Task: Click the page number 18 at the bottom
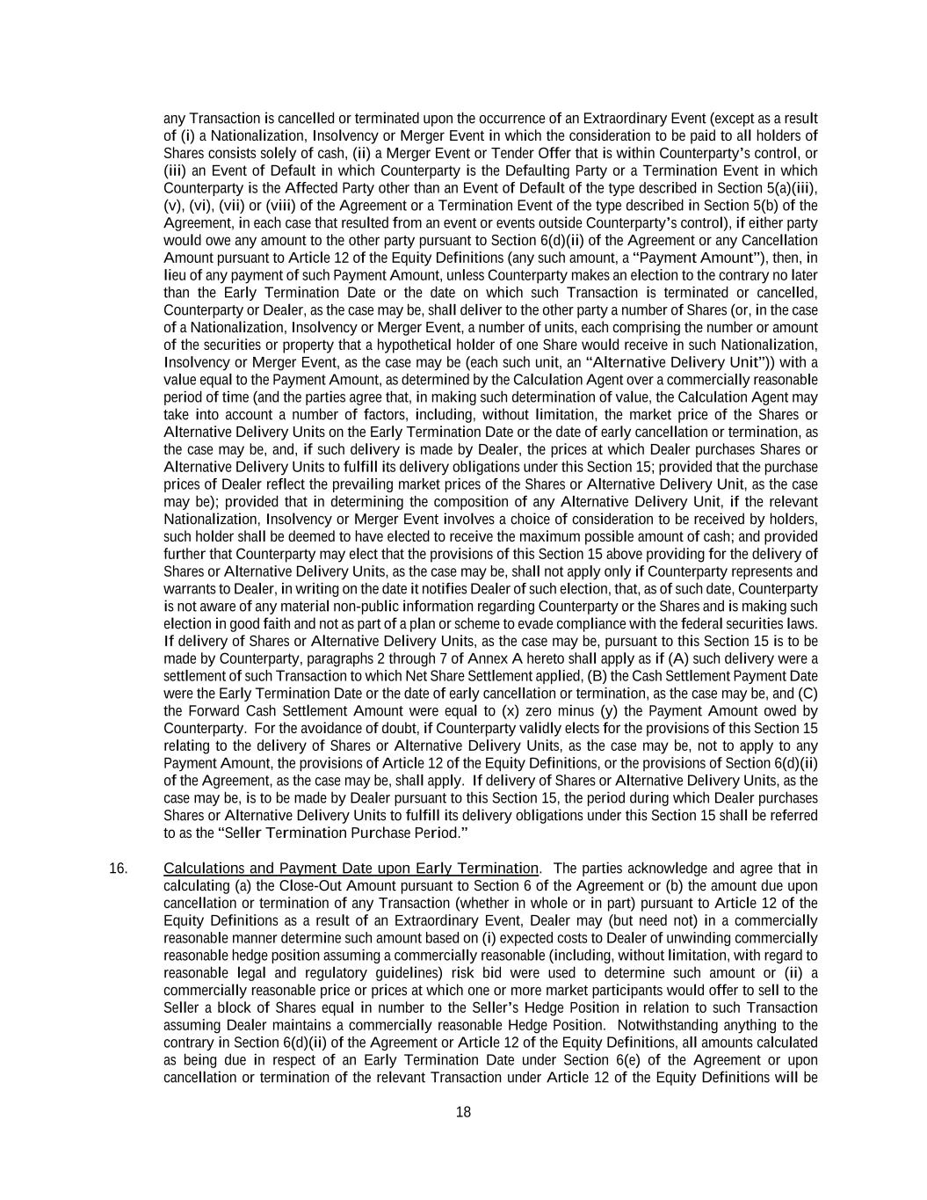463,1112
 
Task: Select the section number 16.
118,869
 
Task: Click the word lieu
175,275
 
